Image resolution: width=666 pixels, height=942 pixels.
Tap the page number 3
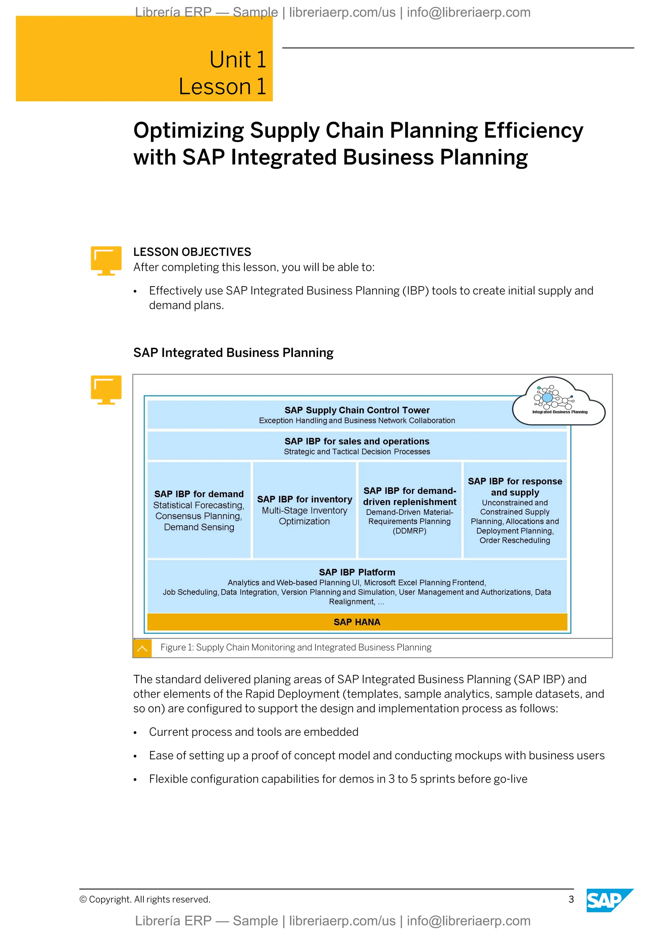point(571,899)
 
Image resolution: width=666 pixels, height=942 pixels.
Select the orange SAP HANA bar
point(357,622)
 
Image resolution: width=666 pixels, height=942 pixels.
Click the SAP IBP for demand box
point(199,510)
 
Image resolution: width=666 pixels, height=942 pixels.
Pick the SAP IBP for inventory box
point(304,510)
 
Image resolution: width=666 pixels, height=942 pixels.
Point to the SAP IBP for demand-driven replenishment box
point(410,510)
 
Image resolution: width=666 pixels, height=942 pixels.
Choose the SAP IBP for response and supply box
point(515,510)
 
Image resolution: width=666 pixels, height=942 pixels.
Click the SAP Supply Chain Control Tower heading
point(357,410)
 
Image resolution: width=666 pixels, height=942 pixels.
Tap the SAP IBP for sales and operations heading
point(357,441)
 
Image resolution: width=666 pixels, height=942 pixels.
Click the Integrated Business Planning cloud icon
point(559,401)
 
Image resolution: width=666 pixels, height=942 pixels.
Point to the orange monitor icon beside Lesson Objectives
point(106,261)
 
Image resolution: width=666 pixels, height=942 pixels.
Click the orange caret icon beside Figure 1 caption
point(142,648)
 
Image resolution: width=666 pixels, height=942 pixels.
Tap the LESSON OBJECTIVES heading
point(192,252)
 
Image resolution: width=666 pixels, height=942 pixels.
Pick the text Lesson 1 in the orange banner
point(222,87)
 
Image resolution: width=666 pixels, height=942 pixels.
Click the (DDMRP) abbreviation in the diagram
point(409,531)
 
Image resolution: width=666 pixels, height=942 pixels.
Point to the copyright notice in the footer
point(145,899)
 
